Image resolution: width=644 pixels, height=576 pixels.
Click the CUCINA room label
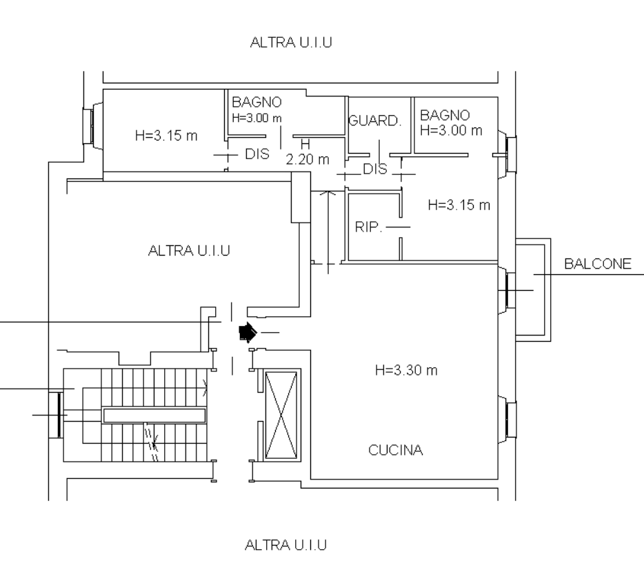tap(396, 450)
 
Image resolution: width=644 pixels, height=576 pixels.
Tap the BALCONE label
tap(598, 264)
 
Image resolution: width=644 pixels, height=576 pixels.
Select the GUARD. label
tap(374, 121)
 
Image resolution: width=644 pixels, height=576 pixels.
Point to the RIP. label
tap(368, 227)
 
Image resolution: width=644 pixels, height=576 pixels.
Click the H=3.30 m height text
tap(406, 370)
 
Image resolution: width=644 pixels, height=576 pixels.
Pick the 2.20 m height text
tap(308, 159)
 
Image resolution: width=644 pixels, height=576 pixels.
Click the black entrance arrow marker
tap(248, 332)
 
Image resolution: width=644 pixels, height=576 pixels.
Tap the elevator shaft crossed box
tap(281, 415)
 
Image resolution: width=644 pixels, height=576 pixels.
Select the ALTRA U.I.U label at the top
tap(291, 42)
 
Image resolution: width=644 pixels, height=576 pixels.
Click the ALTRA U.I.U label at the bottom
tap(286, 545)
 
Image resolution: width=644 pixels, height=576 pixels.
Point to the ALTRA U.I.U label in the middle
tap(189, 250)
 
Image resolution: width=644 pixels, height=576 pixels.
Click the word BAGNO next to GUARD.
tap(445, 115)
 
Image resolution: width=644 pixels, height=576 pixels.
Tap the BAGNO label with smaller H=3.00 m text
tap(256, 102)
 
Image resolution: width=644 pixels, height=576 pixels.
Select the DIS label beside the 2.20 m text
tap(257, 154)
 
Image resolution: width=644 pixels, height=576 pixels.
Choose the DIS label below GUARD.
tap(375, 169)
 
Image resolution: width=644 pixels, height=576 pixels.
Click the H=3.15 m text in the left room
tap(166, 136)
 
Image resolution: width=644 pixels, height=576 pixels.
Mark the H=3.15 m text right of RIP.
tap(459, 205)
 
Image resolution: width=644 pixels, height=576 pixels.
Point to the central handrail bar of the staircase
tap(154, 415)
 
